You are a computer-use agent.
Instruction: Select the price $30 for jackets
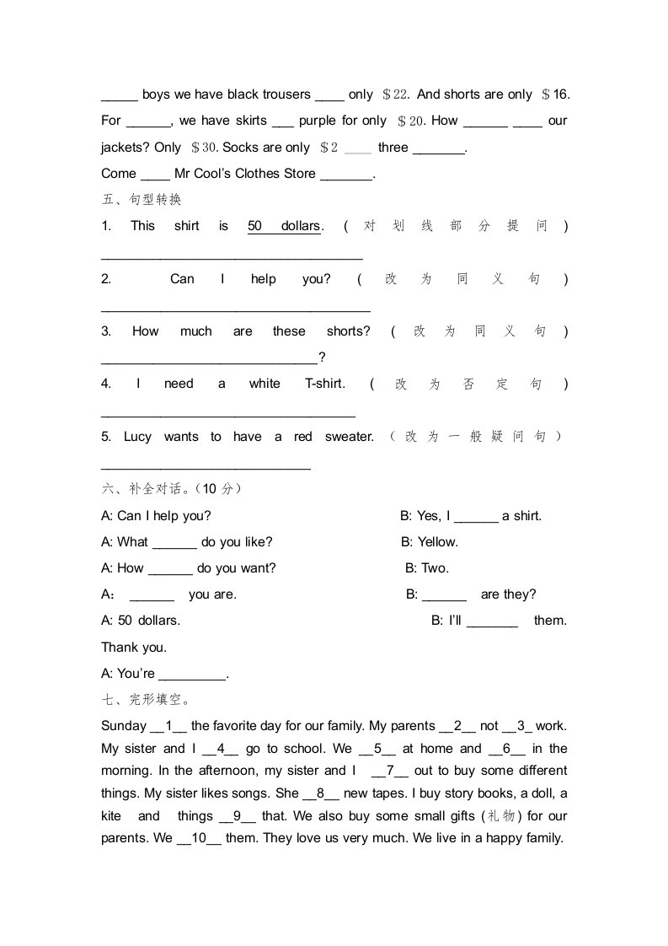pyautogui.click(x=205, y=148)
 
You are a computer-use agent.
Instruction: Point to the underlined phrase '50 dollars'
pyautogui.click(x=284, y=226)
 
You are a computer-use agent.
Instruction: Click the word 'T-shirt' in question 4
pyautogui.click(x=324, y=384)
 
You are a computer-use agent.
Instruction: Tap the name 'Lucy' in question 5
pyautogui.click(x=137, y=437)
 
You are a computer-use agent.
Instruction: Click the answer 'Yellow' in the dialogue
pyautogui.click(x=438, y=542)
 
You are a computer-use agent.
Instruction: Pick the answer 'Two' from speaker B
pyautogui.click(x=436, y=568)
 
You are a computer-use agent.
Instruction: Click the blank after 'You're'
pyautogui.click(x=193, y=675)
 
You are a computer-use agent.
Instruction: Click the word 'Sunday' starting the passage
pyautogui.click(x=123, y=726)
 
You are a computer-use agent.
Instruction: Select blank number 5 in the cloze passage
pyautogui.click(x=378, y=749)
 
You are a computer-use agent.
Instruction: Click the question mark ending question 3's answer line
pyautogui.click(x=322, y=357)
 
